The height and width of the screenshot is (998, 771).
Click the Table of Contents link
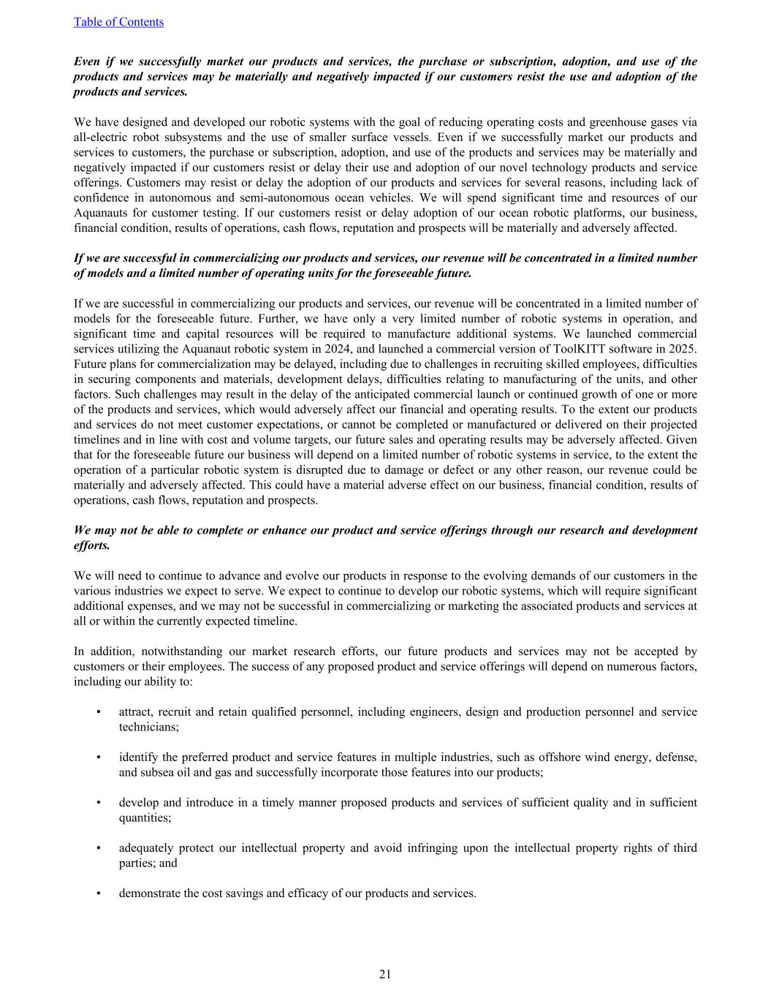click(118, 22)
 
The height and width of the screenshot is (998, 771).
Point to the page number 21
click(385, 974)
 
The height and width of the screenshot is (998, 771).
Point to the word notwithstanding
click(185, 651)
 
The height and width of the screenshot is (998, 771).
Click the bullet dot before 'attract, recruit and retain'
click(99, 712)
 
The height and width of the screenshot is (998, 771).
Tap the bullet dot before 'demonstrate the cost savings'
click(99, 893)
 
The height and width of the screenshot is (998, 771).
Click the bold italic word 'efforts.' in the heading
click(92, 545)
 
